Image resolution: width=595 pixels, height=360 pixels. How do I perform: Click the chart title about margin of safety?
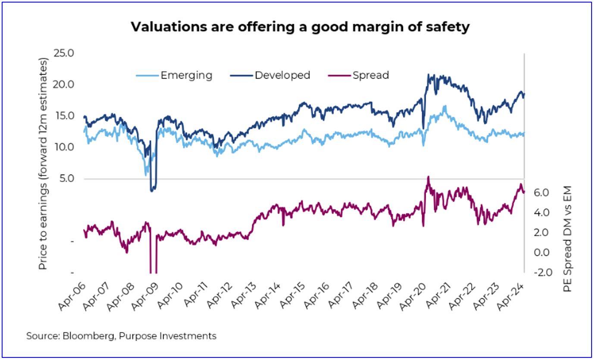300,27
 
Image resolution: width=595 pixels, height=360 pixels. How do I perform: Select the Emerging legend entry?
186,75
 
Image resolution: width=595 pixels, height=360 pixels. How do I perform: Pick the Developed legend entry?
282,75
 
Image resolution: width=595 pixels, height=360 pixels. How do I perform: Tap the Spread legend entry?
370,75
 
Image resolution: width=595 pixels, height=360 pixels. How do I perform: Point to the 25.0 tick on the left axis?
63,53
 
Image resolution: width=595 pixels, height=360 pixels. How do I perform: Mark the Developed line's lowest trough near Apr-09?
152,191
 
